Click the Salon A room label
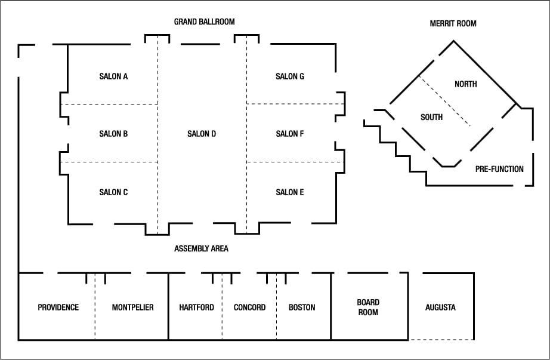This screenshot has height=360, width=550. pos(113,76)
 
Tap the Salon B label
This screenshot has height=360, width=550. pos(113,134)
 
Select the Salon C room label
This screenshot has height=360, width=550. pos(113,192)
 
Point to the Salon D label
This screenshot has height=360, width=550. pos(202,134)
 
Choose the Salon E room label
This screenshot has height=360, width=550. pos(290,192)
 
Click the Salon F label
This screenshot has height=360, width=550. pos(290,134)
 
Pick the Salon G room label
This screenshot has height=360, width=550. pos(290,76)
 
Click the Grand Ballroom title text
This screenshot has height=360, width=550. pos(204,21)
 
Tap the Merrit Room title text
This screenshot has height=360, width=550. pos(453,24)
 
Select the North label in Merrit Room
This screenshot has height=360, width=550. pos(465,84)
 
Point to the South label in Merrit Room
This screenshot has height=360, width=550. pos(431,117)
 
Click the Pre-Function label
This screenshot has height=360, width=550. pos(499,169)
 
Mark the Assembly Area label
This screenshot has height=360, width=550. pos(201,248)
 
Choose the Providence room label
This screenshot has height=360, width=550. pos(58,307)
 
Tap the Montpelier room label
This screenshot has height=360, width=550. pos(132,307)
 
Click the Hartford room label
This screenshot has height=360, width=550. pos(196,307)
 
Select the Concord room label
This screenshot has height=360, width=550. pos(249,307)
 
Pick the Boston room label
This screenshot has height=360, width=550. pos(302,307)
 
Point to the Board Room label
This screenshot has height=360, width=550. pos(368,307)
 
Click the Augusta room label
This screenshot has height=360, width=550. pos(440,307)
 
